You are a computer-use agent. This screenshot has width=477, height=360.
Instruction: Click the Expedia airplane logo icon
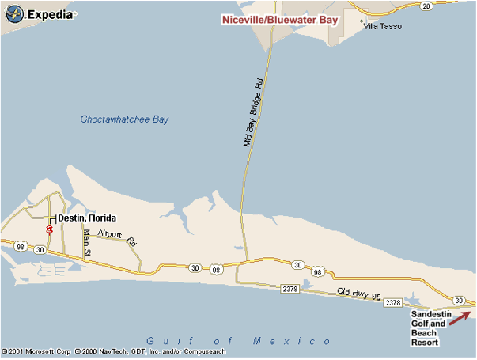(15, 13)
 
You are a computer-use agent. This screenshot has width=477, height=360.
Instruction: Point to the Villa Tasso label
(382, 26)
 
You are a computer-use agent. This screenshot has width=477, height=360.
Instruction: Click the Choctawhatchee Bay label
(124, 119)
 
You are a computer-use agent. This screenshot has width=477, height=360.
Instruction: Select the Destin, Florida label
(87, 218)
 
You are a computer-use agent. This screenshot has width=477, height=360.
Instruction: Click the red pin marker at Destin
(49, 229)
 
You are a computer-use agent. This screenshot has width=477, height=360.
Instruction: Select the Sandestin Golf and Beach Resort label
(430, 328)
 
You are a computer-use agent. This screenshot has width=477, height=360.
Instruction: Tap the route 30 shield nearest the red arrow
(458, 299)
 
